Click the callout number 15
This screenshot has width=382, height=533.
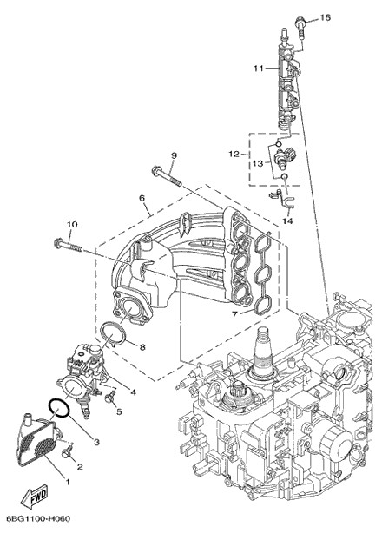(x=326, y=17)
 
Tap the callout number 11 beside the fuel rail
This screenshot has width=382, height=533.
(x=259, y=69)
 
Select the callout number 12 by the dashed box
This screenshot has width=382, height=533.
(x=234, y=155)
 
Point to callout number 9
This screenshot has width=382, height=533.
(x=174, y=155)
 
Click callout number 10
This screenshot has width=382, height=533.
(x=72, y=224)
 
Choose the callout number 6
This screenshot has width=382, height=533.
(x=142, y=198)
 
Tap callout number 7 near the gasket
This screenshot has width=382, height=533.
(x=234, y=315)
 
